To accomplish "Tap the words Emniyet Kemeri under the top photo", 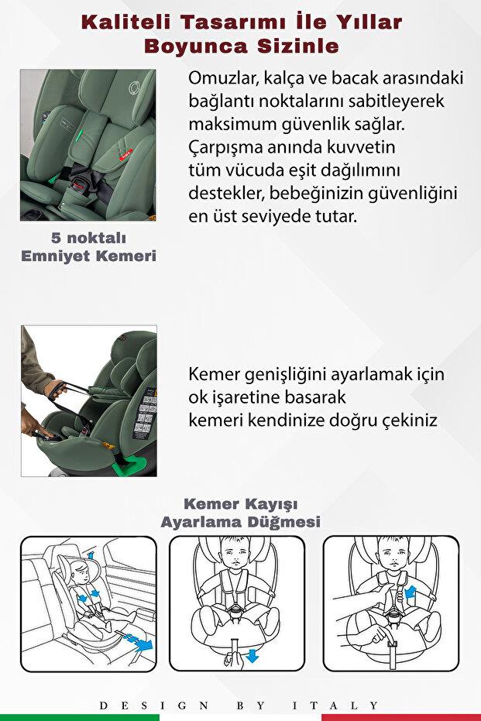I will [x=88, y=256].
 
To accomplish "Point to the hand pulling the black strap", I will [x=56, y=388].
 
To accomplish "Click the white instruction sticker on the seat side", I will [x=146, y=418].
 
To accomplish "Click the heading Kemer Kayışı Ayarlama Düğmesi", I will [x=240, y=513].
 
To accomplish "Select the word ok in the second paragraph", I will [x=198, y=397].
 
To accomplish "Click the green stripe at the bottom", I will [x=77, y=717].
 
